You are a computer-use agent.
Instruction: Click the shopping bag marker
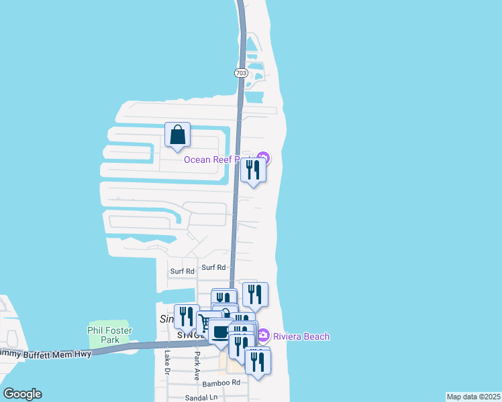coord(177,135)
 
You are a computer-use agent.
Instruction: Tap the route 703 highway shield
coord(241,72)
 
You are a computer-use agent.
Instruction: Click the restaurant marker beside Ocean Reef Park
coord(253,170)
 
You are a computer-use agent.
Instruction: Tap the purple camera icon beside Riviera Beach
coord(264,335)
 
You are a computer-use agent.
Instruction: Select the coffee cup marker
coord(220,332)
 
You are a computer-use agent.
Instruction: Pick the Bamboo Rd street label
coord(221,383)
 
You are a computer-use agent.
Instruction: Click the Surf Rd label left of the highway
coord(182,271)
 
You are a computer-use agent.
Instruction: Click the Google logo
coord(22,394)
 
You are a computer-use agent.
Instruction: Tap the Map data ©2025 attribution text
coord(473,397)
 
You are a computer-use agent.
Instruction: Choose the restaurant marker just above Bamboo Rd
coord(258,362)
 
